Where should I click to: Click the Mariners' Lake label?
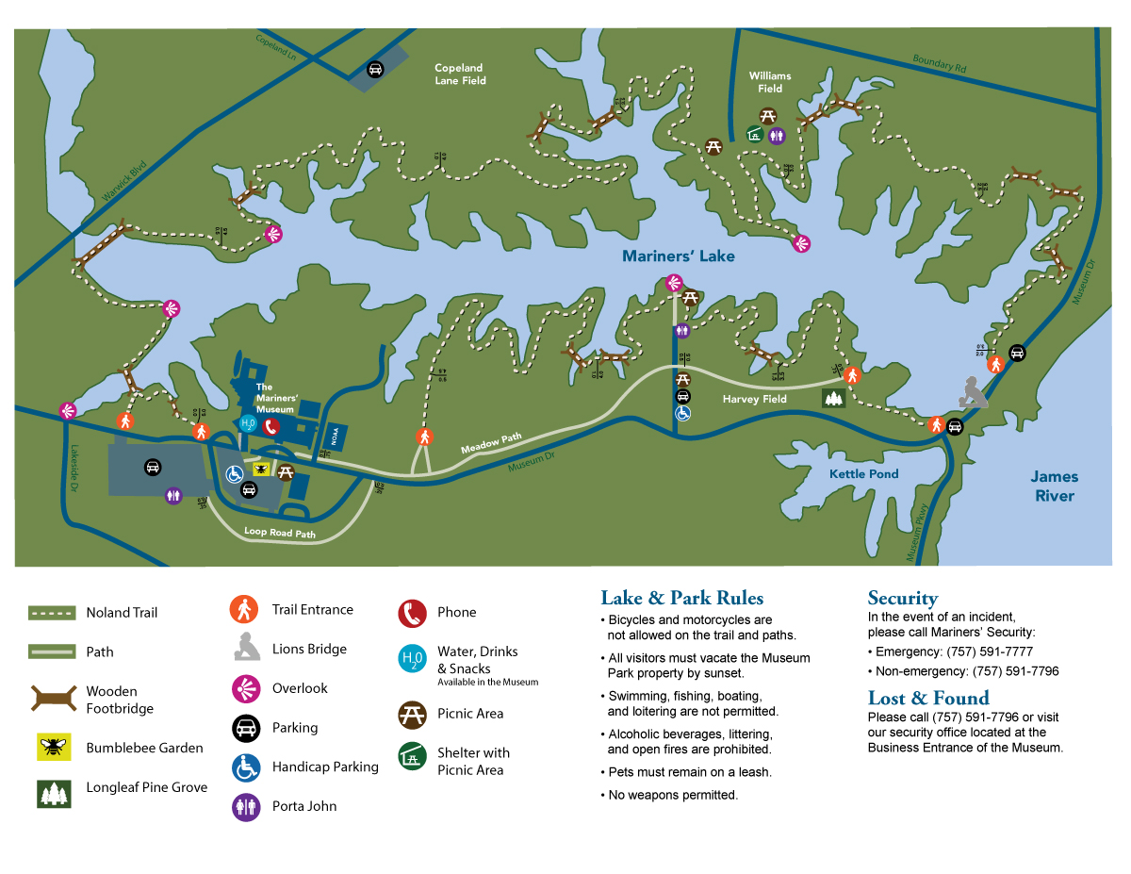[678, 256]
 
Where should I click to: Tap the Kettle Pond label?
[863, 474]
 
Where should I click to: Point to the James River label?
[1054, 486]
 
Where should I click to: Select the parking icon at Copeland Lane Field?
[375, 69]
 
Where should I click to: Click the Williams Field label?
[770, 82]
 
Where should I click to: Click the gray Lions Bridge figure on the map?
[974, 391]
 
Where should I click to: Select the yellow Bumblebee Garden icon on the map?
[262, 468]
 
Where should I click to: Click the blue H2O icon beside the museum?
[248, 424]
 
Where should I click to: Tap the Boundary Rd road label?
[940, 64]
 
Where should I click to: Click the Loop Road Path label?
[279, 533]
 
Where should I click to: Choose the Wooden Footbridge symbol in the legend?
[52, 699]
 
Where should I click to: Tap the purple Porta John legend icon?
[246, 807]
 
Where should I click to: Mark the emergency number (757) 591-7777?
[989, 651]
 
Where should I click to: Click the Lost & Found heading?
[927, 698]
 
